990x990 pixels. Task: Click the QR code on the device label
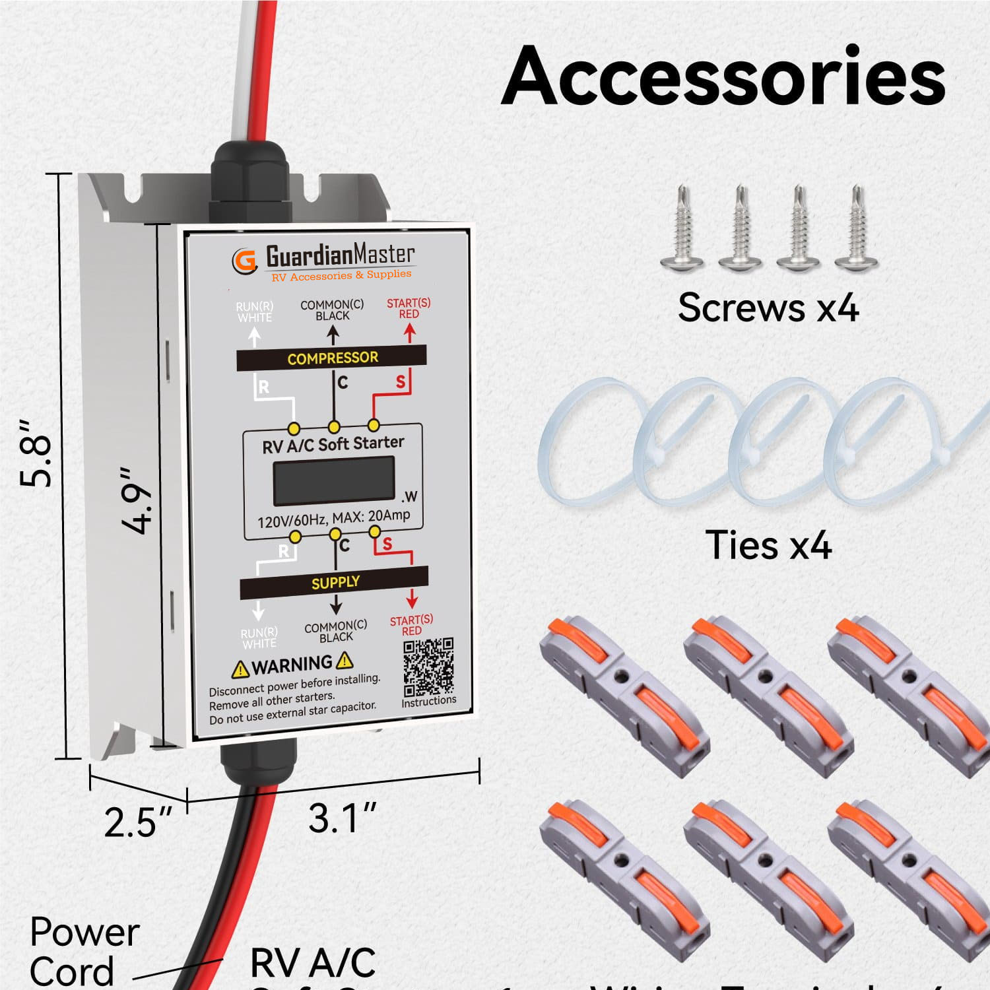tap(428, 666)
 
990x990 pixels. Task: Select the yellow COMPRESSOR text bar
tap(332, 358)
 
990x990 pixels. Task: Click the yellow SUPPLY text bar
tap(335, 582)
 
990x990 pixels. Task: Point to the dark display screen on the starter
tap(334, 480)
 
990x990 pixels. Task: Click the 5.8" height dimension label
tap(36, 453)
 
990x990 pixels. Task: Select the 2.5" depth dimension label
tap(137, 822)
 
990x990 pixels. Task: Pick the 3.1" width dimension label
tap(342, 818)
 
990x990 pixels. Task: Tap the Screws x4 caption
tap(768, 308)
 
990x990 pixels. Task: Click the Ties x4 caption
tap(768, 545)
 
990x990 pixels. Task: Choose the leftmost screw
tap(682, 228)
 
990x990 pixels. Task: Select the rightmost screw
tap(857, 228)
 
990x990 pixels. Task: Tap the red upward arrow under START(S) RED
tap(409, 333)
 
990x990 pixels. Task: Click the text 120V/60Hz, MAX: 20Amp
tap(333, 519)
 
